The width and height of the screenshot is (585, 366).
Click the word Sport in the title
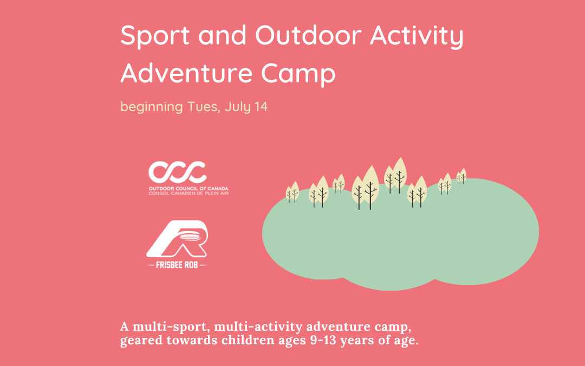tap(155, 36)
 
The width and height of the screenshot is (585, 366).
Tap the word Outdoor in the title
tap(309, 35)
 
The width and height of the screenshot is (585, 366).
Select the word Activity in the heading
tap(417, 36)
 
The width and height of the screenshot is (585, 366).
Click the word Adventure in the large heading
tap(186, 73)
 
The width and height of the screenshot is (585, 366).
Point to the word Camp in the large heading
tap(298, 74)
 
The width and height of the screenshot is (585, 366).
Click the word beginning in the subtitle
tap(152, 107)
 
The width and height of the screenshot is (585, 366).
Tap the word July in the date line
tap(238, 107)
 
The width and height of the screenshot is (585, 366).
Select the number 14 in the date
tap(261, 107)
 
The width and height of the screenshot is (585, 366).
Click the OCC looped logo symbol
tap(177, 172)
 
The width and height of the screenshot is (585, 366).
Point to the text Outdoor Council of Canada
tap(188, 189)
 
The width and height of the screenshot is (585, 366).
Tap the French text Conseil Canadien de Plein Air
tap(188, 193)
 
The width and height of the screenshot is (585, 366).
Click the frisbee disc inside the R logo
tap(190, 236)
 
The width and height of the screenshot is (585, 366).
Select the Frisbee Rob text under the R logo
tap(177, 265)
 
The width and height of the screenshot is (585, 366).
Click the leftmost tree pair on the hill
tap(292, 192)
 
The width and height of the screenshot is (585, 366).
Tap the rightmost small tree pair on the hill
tap(461, 176)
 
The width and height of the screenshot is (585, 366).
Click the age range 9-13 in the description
tap(323, 340)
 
